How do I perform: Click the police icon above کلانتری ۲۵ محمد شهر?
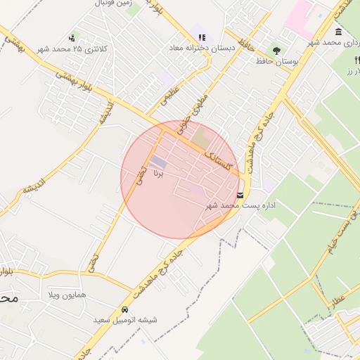(x=72, y=37)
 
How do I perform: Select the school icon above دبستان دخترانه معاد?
(x=202, y=37)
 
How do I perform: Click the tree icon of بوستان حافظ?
(x=277, y=51)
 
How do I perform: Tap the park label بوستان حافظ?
(x=292, y=63)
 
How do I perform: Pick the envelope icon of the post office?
(x=241, y=195)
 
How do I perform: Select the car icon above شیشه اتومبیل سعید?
(x=125, y=309)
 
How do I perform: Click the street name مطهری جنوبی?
(x=196, y=115)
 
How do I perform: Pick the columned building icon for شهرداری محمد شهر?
(x=338, y=32)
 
